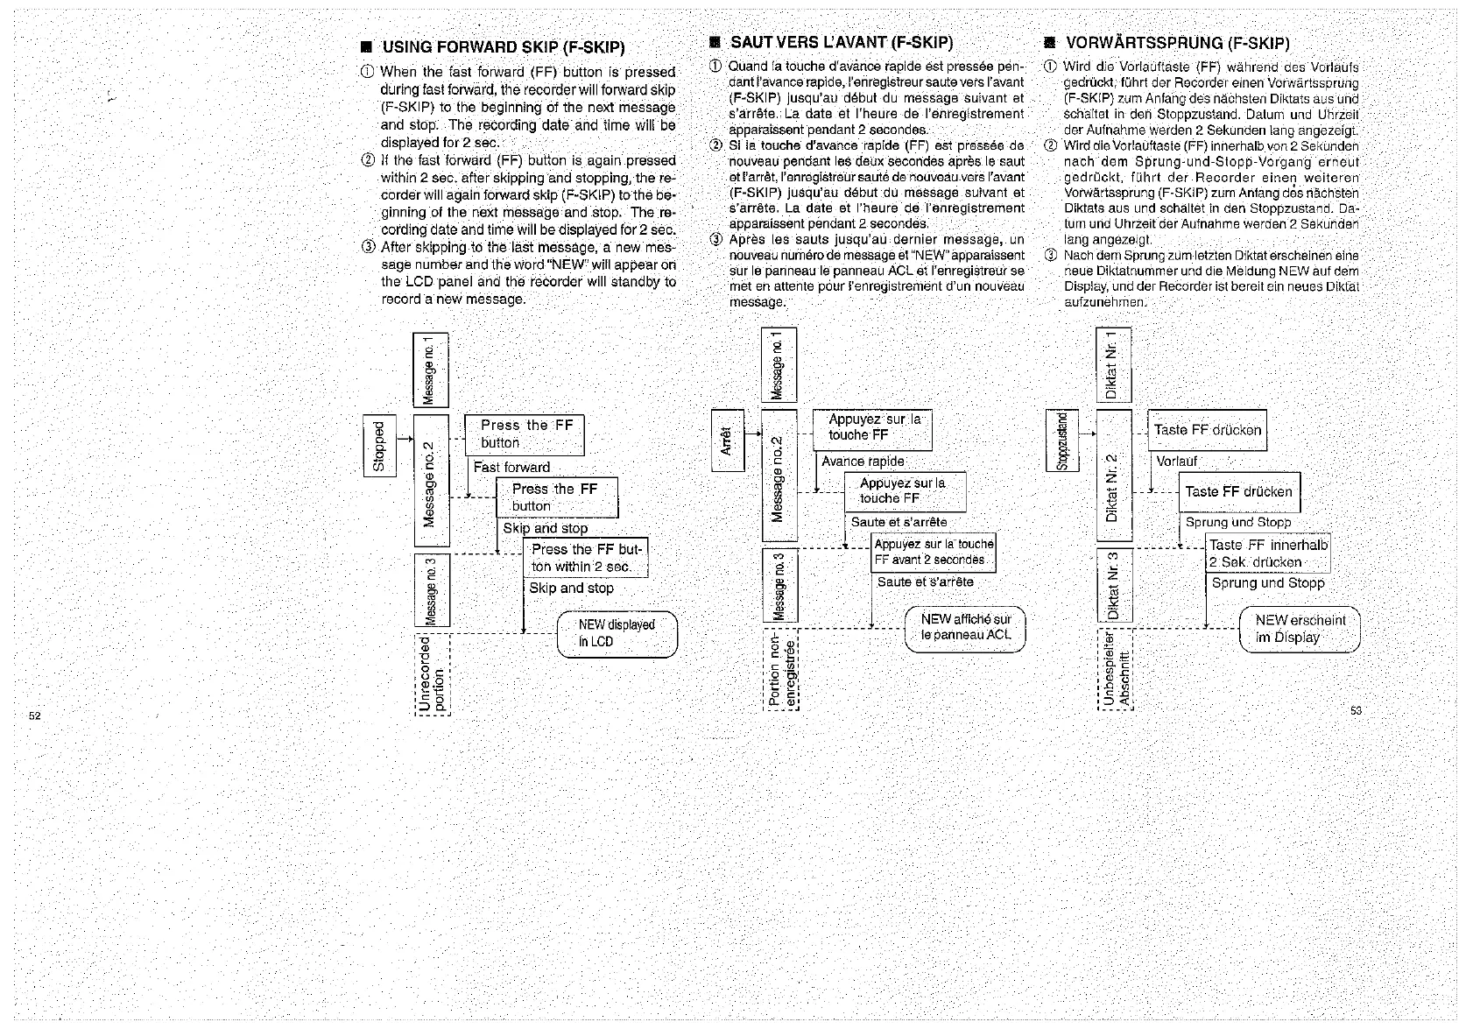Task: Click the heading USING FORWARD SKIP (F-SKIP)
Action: click(x=503, y=47)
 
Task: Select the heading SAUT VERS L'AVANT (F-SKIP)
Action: click(x=841, y=42)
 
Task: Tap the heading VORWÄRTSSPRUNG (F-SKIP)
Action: click(x=1177, y=43)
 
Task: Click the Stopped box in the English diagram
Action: click(x=379, y=446)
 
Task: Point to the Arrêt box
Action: click(x=727, y=440)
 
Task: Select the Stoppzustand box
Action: click(x=1062, y=440)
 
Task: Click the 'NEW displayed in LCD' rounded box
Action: click(x=617, y=633)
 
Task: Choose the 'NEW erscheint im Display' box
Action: click(x=1300, y=629)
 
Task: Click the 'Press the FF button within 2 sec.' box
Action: click(x=586, y=558)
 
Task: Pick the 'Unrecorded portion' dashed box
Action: click(x=432, y=673)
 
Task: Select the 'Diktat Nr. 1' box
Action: click(x=1113, y=365)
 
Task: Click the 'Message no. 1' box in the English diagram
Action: click(x=430, y=370)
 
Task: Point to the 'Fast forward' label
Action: click(x=511, y=468)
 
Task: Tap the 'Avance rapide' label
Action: click(x=863, y=462)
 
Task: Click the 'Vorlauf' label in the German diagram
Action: click(x=1177, y=462)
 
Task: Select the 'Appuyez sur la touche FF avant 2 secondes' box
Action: click(x=934, y=552)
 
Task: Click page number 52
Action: click(x=35, y=715)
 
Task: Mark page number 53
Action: click(x=1356, y=710)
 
